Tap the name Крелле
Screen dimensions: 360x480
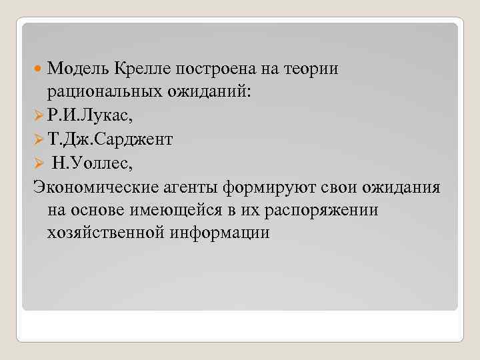click(143, 67)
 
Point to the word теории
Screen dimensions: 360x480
click(313, 67)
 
